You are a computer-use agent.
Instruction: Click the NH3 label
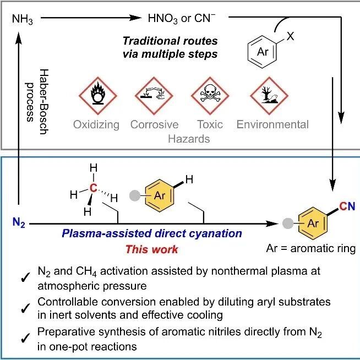coord(22,19)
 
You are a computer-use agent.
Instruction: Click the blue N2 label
coord(19,223)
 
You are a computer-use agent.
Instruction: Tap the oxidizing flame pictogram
coord(98,96)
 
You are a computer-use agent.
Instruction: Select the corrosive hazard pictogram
coord(154,96)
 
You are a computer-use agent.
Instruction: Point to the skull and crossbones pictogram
coord(210,96)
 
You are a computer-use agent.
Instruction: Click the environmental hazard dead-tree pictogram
coord(269,96)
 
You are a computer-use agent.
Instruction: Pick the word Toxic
coord(210,124)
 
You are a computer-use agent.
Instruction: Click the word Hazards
coord(189,139)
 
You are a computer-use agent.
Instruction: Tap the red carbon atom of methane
coord(93,188)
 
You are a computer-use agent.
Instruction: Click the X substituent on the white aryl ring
coord(291,36)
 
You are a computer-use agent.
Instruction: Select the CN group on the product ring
coord(347,206)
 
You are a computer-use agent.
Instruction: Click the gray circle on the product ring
coord(288,223)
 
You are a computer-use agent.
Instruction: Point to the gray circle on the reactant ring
coord(135,196)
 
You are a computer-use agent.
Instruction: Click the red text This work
coord(152,249)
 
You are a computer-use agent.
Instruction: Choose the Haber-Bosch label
coord(37,101)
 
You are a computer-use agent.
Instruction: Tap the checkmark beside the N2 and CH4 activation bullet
coord(25,277)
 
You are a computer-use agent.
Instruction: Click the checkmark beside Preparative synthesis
coord(25,338)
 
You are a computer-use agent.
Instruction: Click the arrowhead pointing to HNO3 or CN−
coord(135,18)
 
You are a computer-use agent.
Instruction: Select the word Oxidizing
coord(96,125)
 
